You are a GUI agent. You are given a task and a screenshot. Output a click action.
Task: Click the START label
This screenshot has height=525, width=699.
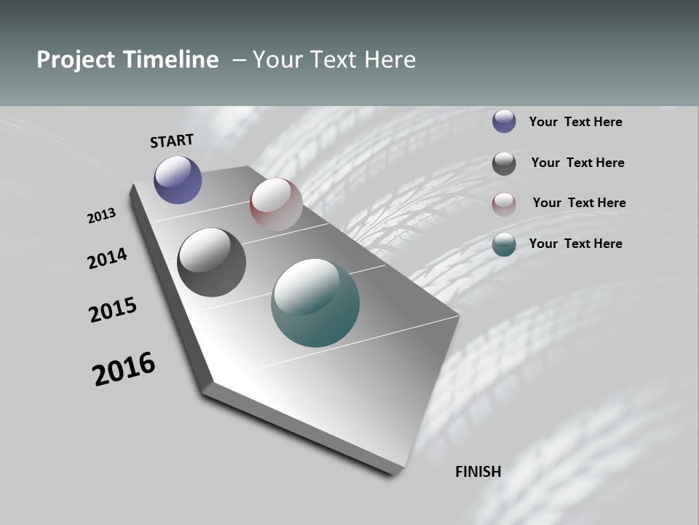[x=172, y=141]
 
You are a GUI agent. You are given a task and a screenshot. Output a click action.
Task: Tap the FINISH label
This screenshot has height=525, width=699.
[x=478, y=472]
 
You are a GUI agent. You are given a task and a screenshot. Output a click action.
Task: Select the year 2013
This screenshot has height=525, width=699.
[x=102, y=216]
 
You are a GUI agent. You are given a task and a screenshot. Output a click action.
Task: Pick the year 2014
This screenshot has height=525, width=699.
[x=108, y=259]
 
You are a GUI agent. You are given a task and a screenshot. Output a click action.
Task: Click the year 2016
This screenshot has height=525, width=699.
[x=124, y=369]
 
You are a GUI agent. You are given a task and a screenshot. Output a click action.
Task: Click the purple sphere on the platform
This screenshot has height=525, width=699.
[x=178, y=179]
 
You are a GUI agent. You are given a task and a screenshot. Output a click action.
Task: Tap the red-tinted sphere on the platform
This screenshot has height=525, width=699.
[x=276, y=203]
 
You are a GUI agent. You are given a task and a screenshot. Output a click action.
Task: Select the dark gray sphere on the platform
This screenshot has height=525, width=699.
[x=211, y=262]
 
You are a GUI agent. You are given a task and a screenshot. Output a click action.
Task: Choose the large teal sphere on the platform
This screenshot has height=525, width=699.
[x=315, y=303]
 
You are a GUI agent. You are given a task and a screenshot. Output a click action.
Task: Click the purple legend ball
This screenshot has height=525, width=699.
[x=504, y=121]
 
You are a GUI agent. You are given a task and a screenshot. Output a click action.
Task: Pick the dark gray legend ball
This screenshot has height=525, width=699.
[x=504, y=163]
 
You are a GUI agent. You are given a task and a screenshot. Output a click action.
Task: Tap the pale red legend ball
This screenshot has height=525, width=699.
[x=504, y=203]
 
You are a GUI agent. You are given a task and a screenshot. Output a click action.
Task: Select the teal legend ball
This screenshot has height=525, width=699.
[x=504, y=244]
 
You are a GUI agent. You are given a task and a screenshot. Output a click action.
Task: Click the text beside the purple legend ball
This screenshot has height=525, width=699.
[x=575, y=122]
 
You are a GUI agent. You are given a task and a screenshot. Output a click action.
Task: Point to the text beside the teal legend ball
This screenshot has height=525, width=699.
[x=575, y=244]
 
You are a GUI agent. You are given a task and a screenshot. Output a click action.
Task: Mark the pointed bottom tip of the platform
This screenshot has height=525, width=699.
[x=397, y=474]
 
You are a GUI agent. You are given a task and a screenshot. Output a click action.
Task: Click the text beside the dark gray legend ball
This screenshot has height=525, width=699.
[x=577, y=163]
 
